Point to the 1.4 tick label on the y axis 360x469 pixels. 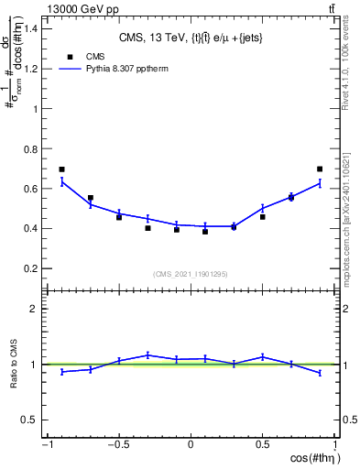point(29,28)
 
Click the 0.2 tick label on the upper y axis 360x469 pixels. point(29,268)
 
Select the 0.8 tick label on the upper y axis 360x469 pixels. point(29,148)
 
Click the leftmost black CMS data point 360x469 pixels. point(61,169)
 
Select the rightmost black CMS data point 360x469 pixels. point(320,169)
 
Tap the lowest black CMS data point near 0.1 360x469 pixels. point(205,232)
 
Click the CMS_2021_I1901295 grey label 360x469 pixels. point(190,274)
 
